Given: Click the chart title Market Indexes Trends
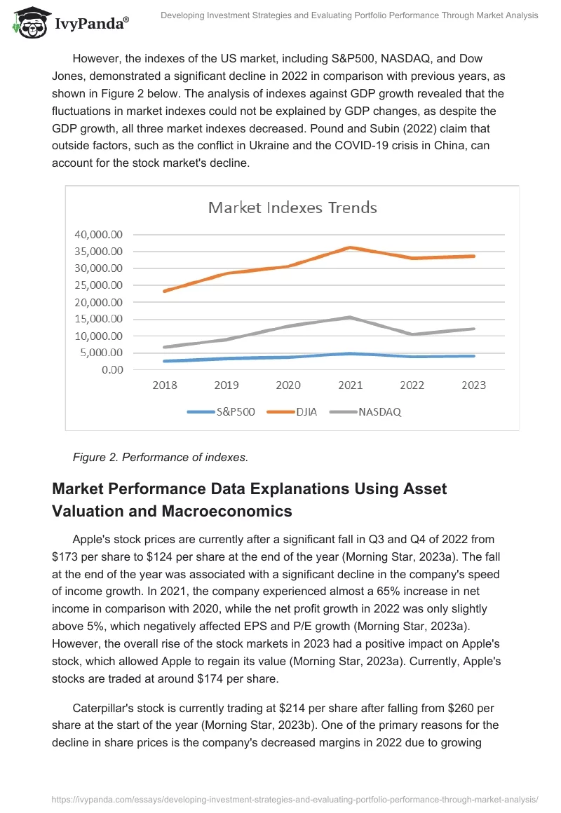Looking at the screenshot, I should [x=292, y=207].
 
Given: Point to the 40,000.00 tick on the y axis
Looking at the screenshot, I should [x=99, y=234].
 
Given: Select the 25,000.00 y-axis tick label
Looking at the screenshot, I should [x=99, y=285].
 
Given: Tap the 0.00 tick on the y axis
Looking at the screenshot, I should [x=112, y=370].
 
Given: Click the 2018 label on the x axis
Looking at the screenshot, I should [x=165, y=385].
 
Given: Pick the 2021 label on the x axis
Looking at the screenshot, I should [x=350, y=385].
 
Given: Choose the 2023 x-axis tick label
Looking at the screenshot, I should [x=474, y=385].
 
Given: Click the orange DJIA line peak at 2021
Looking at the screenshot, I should [x=351, y=247].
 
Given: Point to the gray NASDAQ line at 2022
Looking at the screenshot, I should [x=412, y=334].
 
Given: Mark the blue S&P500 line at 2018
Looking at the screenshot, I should [x=165, y=361].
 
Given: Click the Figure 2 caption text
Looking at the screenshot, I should [x=160, y=458].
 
